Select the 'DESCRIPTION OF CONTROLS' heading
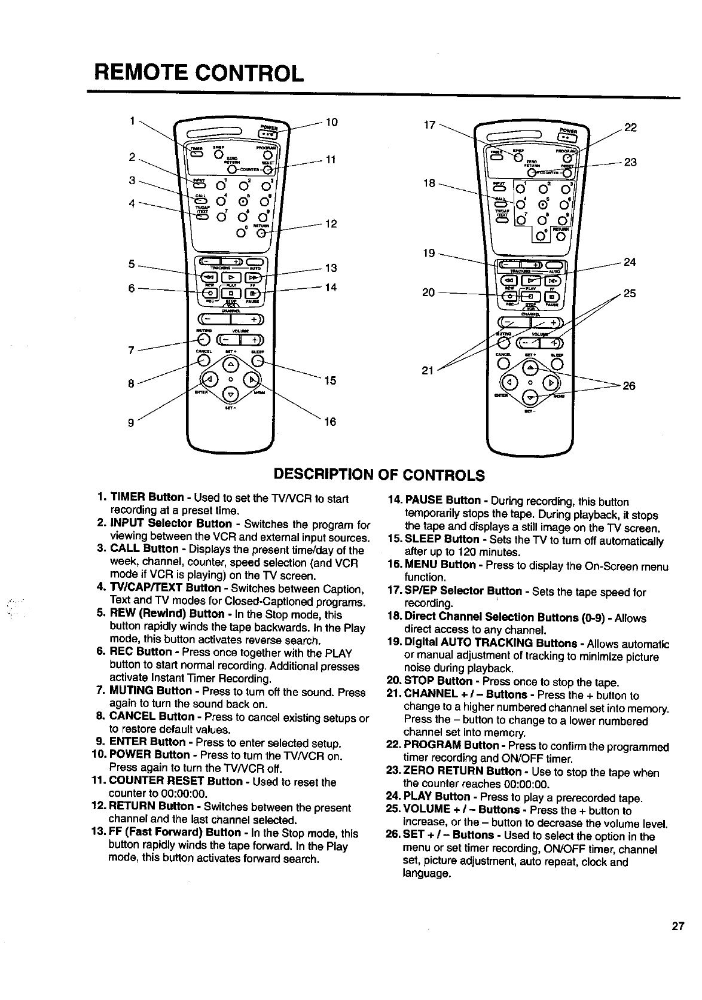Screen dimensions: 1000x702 coord(378,475)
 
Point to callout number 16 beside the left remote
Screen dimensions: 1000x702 coord(330,422)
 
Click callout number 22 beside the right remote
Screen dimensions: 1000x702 coord(630,127)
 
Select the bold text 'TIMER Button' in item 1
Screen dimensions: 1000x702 coord(147,498)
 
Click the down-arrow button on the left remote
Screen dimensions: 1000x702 coord(231,394)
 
